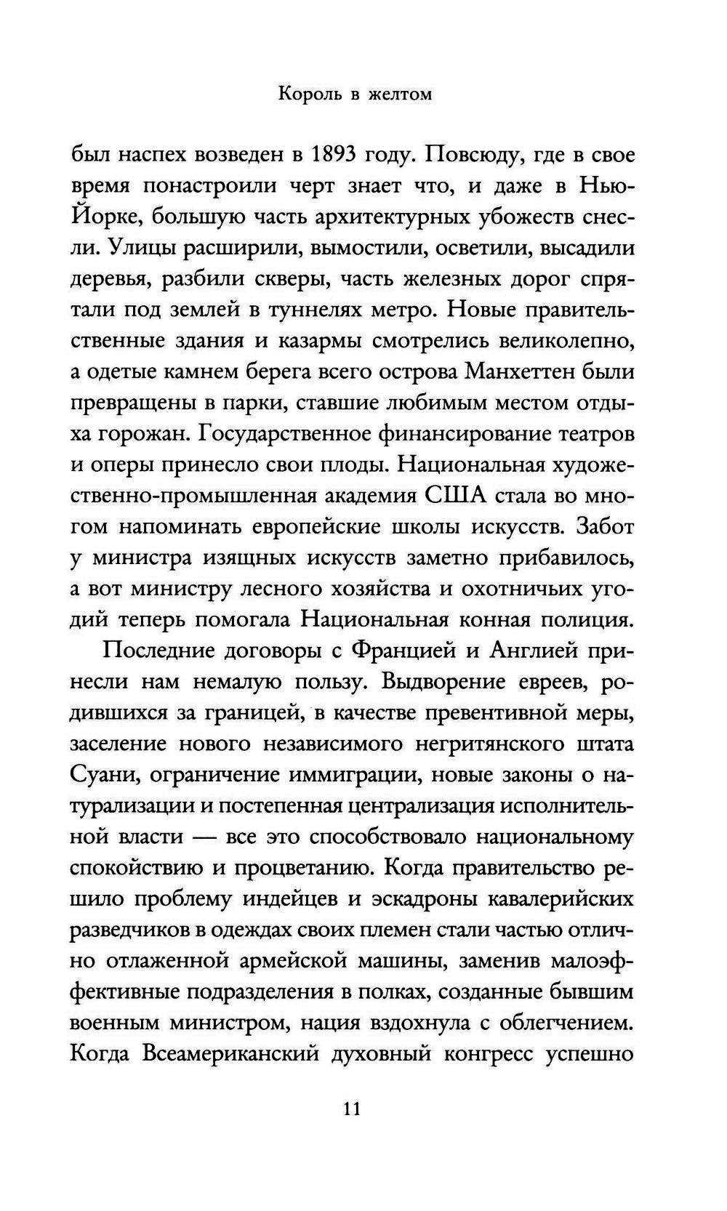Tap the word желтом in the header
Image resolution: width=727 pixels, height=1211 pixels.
point(398,94)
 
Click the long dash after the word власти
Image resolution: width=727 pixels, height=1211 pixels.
point(204,837)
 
